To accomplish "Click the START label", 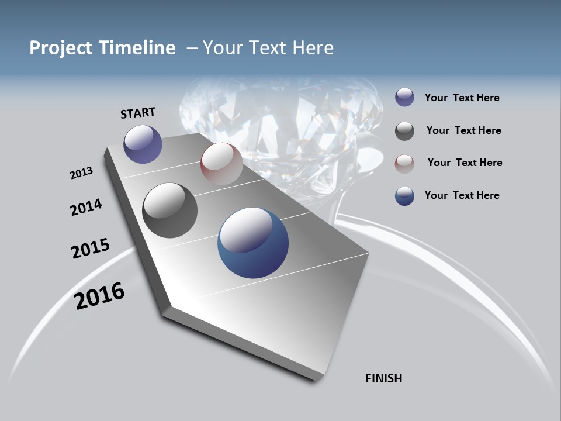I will pos(138,113).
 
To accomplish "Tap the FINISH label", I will pos(384,378).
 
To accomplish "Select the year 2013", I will pos(81,172).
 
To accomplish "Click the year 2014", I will pos(86,207).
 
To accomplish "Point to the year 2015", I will pos(90,249).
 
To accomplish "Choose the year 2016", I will pos(99,295).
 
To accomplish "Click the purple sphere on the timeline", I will pos(143,144).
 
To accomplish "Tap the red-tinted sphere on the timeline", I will pos(221,163).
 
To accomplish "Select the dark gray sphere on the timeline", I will pos(169,210).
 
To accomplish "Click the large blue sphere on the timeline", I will pos(253,243).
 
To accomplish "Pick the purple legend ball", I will pos(404,98).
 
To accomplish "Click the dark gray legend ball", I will pos(404,131).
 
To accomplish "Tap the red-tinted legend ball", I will pos(404,163).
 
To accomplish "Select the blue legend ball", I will pos(404,196).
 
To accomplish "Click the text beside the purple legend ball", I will pos(462,98).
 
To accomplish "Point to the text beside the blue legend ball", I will pos(462,195).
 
